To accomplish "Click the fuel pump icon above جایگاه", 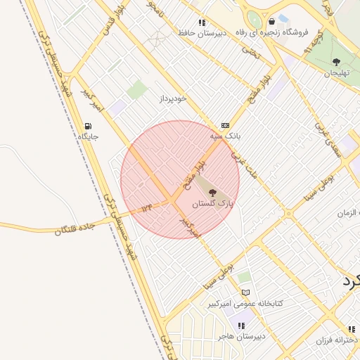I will click(x=88, y=126).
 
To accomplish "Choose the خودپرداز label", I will click(x=172, y=98).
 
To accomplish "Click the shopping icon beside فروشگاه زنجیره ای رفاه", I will click(x=271, y=22).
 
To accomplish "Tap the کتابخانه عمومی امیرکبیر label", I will click(x=245, y=304).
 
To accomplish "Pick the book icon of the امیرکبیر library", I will click(x=245, y=293).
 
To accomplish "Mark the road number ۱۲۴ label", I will click(x=146, y=209).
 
